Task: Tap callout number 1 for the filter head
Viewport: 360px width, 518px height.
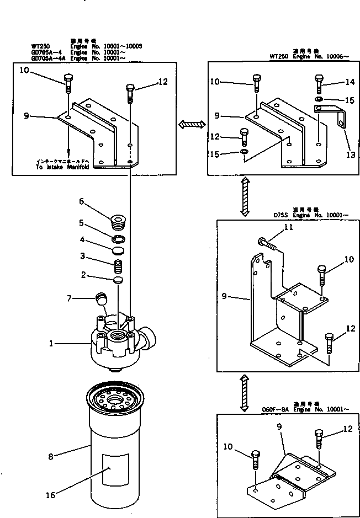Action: (x=51, y=343)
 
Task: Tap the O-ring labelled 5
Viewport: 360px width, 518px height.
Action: (x=117, y=239)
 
